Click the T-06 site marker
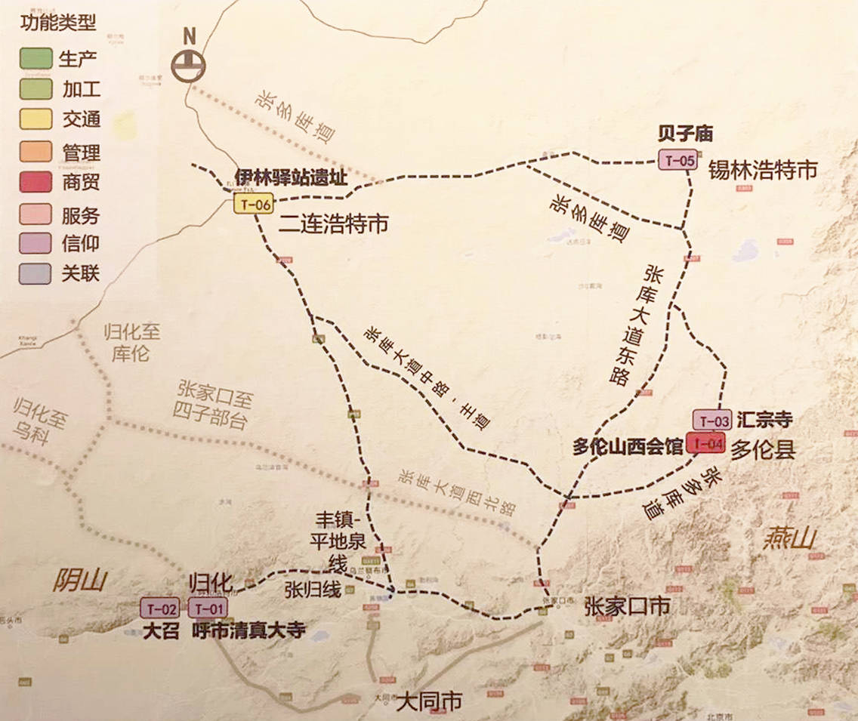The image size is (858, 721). pos(252,204)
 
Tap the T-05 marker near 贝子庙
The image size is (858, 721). pos(677,160)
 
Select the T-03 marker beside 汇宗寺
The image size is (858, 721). pos(711,421)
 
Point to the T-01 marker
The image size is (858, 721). pos(207,608)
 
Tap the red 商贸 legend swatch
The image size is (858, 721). pos(35,183)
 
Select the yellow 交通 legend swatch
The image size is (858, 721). pos(35,120)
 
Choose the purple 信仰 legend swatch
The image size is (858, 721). pos(35,244)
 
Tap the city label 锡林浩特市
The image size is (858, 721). pos(762,170)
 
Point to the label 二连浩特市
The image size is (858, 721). pos(333,223)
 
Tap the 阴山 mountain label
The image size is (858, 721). pos(80,581)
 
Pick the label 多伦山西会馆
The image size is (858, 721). pos(627,447)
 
